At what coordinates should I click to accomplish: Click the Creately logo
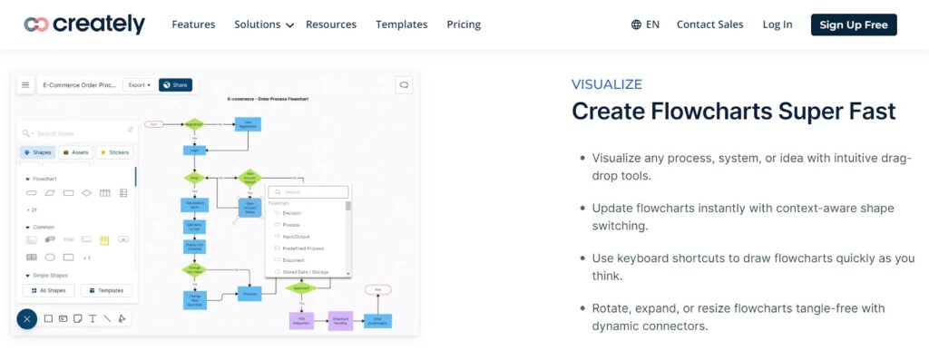(x=84, y=24)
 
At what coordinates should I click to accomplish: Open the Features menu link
(x=193, y=24)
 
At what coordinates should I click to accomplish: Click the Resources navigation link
(x=331, y=24)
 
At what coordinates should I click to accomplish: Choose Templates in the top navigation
(x=401, y=24)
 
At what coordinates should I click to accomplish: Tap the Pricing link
(x=464, y=24)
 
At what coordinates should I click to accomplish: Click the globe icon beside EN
(x=636, y=24)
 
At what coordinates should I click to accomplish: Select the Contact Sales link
(x=709, y=24)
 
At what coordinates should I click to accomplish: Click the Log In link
(x=777, y=24)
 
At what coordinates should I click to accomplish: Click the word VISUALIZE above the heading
(x=606, y=84)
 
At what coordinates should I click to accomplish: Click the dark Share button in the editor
(x=175, y=85)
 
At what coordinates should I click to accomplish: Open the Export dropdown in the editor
(x=139, y=85)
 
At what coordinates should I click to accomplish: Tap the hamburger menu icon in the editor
(x=25, y=85)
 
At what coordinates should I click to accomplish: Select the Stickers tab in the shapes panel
(x=115, y=152)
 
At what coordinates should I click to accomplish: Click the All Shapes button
(x=48, y=291)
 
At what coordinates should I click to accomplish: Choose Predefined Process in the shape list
(x=302, y=248)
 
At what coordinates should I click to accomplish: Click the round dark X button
(x=27, y=318)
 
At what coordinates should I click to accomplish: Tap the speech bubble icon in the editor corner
(x=405, y=85)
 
